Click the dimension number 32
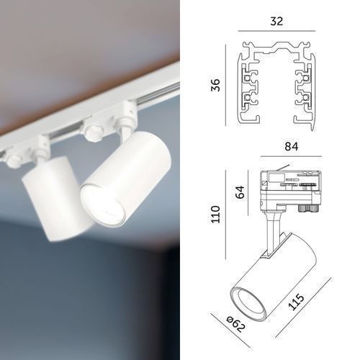coord(276,22)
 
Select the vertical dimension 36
coord(215,85)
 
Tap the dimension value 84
coord(292,146)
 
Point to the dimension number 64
coord(240,192)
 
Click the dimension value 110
coord(215,215)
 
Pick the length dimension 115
coord(296,302)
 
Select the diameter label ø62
coord(236,325)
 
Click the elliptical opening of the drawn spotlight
coord(248,304)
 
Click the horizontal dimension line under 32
coord(276,31)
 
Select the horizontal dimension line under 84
coord(291,156)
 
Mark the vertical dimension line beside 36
coord(225,85)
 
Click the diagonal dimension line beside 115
coord(304,307)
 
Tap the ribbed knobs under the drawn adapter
coord(307,208)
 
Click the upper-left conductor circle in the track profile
coord(247,78)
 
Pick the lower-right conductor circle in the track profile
coord(306,97)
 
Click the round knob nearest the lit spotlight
coord(92,132)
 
